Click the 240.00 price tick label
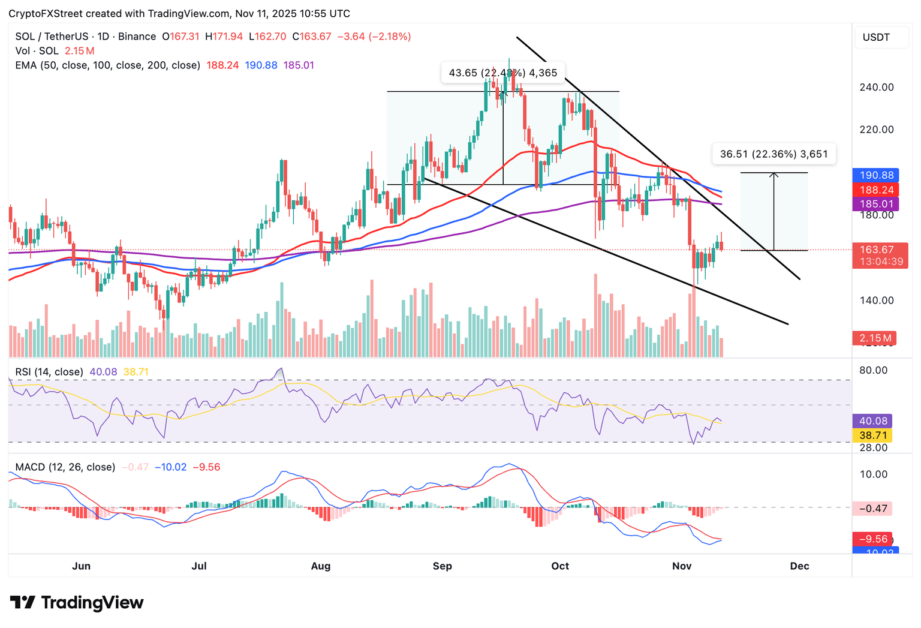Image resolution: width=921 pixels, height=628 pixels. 876,87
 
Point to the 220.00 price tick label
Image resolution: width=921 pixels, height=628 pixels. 876,130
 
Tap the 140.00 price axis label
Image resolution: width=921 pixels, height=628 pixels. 876,301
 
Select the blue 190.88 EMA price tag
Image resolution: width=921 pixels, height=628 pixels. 876,175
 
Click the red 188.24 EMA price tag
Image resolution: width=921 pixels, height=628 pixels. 876,190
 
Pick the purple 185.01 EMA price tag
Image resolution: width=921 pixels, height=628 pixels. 876,204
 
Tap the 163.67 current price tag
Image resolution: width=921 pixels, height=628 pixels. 877,250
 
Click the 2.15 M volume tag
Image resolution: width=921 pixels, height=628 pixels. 875,338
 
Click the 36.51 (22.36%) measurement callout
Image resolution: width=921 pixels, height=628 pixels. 773,154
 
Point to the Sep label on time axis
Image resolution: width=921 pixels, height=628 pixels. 442,566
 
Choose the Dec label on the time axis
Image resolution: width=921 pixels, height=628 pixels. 799,566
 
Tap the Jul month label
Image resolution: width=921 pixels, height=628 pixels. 198,566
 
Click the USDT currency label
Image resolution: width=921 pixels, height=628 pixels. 876,37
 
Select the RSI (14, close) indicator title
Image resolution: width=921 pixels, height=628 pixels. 49,372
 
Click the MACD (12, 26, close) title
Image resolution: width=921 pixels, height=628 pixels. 65,467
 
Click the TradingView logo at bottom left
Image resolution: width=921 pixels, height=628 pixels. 77,602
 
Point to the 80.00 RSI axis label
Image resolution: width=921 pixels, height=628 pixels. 873,370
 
